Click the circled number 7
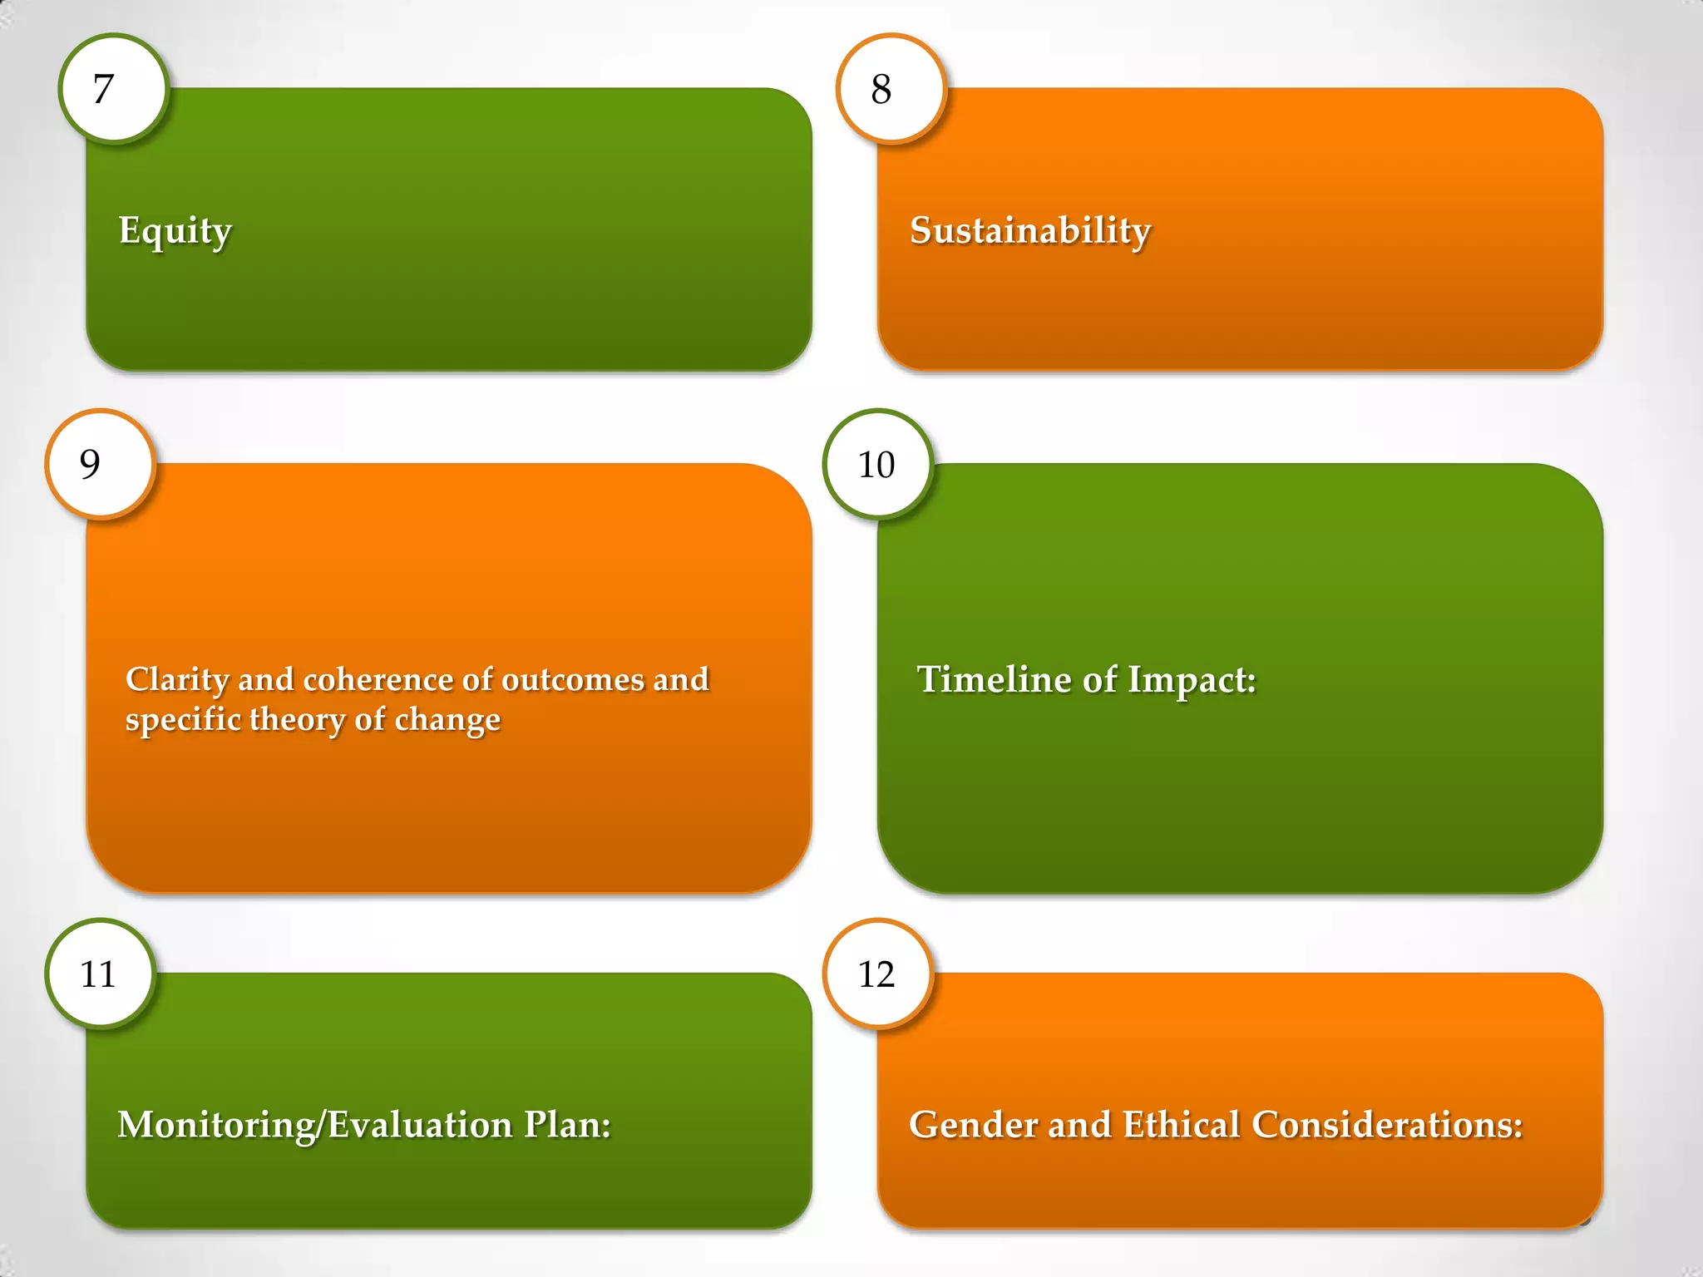point(112,89)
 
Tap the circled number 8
point(890,89)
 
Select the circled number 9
point(99,464)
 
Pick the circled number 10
point(877,465)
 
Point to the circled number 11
point(99,974)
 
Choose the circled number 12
point(877,974)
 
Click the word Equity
point(175,231)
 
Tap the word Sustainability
point(1030,230)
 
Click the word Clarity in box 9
point(177,680)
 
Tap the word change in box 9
point(447,720)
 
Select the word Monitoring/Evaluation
point(315,1125)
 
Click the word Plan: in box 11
point(567,1125)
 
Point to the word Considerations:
point(1387,1125)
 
